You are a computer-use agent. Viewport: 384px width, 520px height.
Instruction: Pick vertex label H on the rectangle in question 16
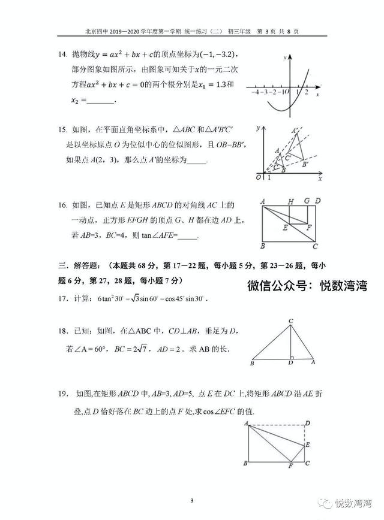pos(290,201)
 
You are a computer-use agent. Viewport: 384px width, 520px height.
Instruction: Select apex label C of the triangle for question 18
pos(290,322)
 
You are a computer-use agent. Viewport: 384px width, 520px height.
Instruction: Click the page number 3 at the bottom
pos(191,501)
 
